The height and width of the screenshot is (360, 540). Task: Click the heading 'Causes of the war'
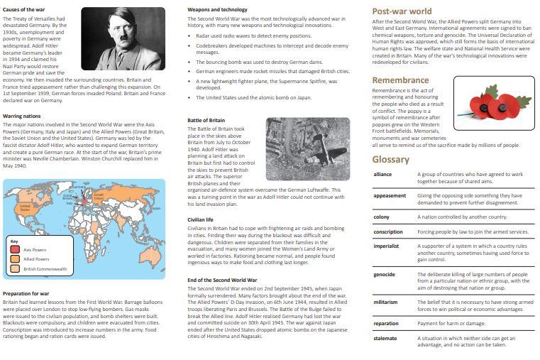tap(25, 9)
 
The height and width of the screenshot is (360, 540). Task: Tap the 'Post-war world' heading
tap(402, 11)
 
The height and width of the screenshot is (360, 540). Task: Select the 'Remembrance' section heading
tap(401, 80)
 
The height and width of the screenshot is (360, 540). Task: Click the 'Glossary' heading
tap(391, 159)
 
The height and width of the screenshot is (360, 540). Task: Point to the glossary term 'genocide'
tap(385, 274)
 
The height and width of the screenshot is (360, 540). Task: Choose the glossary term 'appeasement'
tap(390, 195)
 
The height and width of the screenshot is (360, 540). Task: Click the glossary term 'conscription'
tap(388, 231)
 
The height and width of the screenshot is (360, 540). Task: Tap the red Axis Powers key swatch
tap(14, 249)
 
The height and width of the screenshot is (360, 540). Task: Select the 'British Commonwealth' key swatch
tap(14, 269)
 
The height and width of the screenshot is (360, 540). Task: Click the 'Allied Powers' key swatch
tap(14, 259)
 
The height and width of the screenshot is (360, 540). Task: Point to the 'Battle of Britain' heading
tap(206, 120)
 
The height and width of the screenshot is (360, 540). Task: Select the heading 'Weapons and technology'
tap(217, 9)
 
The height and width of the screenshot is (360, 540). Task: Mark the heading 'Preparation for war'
tap(26, 293)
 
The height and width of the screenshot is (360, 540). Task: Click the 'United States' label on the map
tap(26, 207)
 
